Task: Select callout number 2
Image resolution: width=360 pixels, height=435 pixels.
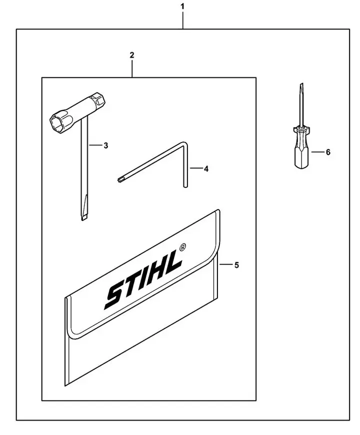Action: pos(131,54)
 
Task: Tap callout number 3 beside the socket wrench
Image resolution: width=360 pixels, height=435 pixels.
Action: pos(105,145)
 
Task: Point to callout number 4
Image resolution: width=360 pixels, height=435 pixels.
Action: pos(206,168)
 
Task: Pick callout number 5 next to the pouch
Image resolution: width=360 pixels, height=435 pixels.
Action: pos(236,265)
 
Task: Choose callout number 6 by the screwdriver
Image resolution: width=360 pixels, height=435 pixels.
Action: pos(328,152)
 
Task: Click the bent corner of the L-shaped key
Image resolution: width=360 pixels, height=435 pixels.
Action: pos(183,144)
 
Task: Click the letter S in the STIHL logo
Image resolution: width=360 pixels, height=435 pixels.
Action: pos(114,296)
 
